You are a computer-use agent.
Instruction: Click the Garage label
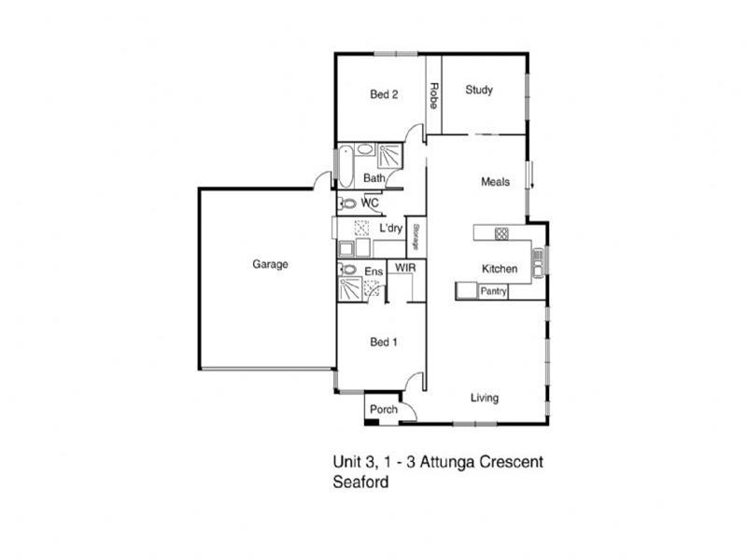coord(270,264)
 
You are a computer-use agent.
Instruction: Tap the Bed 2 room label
coord(384,94)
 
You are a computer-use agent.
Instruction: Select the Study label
coord(479,90)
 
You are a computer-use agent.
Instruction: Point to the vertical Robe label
coord(433,96)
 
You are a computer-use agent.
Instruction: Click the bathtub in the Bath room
coord(345,166)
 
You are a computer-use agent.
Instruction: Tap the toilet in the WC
coord(347,203)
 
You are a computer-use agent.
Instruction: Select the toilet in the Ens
coord(347,270)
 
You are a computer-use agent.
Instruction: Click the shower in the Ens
coord(350,288)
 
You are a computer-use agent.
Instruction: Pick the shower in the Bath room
coord(389,156)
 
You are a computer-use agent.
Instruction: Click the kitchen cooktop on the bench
coord(501,233)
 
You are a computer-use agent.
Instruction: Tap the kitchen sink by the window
coord(538,262)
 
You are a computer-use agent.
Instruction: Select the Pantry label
coord(493,291)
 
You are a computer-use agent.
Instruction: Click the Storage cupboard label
coord(416,237)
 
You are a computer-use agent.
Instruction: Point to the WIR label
coord(405,268)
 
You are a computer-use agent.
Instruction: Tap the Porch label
coord(384,409)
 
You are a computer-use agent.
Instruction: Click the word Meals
coord(495,181)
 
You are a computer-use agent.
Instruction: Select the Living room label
coord(485,398)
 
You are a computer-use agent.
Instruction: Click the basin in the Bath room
coord(365,149)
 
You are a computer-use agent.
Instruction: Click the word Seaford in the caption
coord(360,482)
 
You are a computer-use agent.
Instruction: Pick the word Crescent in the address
coord(511,462)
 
